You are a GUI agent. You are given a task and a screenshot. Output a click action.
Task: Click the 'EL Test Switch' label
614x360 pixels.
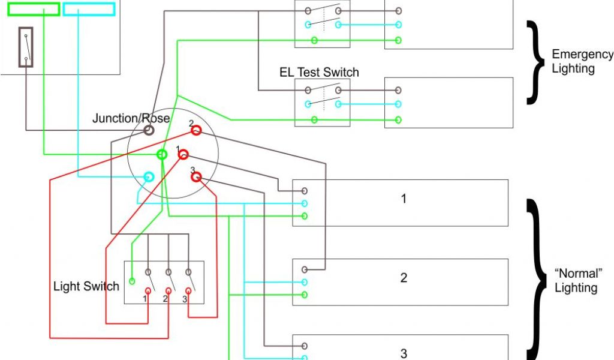319,73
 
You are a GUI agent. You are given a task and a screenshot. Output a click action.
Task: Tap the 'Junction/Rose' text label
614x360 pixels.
131,118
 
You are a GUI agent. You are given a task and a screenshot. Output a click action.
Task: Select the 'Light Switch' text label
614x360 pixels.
86,286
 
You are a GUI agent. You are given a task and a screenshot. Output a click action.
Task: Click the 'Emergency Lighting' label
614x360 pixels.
582,61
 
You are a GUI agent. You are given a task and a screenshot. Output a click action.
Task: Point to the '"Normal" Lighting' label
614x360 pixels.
576,280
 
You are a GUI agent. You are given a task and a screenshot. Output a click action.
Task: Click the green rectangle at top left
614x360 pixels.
34,9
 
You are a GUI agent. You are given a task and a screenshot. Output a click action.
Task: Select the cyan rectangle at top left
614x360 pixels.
89,9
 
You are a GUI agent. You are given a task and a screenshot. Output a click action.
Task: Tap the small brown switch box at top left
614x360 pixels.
26,46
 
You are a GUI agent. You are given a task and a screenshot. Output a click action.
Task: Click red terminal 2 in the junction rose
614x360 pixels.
195,130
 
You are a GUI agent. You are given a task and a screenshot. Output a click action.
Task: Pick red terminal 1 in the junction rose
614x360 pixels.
183,154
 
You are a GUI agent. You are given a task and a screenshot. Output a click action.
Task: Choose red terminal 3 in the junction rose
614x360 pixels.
196,177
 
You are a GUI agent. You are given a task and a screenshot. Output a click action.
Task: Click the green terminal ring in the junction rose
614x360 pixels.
162,154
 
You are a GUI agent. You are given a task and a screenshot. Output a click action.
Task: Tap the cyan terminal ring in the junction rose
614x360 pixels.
149,177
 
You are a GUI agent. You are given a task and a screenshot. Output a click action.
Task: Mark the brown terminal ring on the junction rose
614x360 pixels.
149,129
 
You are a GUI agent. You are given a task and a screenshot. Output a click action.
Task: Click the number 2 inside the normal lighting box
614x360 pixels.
404,278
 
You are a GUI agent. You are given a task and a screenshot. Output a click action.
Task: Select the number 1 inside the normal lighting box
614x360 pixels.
404,199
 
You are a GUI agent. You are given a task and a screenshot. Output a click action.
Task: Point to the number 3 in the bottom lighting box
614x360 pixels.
404,353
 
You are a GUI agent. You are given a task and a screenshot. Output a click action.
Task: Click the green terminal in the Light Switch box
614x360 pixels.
132,280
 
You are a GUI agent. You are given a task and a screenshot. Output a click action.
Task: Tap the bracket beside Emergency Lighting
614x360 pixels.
532,62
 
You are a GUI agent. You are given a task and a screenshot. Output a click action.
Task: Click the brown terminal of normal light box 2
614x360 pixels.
305,269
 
